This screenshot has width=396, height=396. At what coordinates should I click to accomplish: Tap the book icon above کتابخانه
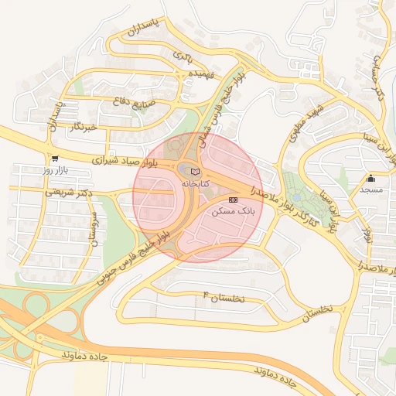(x=194, y=171)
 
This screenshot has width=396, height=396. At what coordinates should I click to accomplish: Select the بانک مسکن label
(x=233, y=211)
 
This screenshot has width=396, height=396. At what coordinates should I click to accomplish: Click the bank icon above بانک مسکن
(x=233, y=200)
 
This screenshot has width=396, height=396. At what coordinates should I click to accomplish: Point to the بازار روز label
(x=56, y=169)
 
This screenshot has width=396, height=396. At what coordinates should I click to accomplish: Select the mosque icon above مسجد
(x=371, y=177)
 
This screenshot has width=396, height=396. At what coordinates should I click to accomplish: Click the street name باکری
(x=180, y=56)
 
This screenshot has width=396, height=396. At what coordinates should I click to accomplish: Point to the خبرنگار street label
(x=82, y=126)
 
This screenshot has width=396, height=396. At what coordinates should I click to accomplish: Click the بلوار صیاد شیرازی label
(x=124, y=161)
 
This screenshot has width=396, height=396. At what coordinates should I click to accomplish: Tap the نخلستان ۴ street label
(x=223, y=297)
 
